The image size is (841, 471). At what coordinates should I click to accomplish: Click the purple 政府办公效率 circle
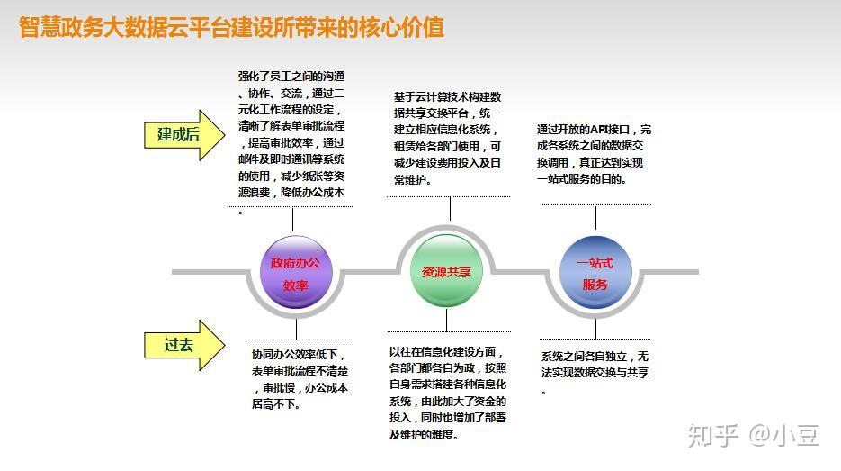[295, 274]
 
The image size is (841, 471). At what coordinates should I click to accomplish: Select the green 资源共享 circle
[446, 272]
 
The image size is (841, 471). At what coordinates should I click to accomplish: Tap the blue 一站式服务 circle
[595, 274]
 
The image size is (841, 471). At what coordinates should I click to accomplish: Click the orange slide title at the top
[232, 27]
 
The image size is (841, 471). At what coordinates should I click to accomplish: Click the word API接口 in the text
[613, 130]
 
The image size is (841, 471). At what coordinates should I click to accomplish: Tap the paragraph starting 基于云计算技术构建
[447, 138]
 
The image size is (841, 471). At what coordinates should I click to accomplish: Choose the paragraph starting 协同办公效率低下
[300, 379]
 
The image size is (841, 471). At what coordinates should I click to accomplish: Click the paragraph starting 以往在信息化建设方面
[448, 393]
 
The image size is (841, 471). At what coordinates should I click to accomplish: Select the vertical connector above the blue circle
[595, 219]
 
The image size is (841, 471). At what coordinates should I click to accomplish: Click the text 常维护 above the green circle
[412, 179]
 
